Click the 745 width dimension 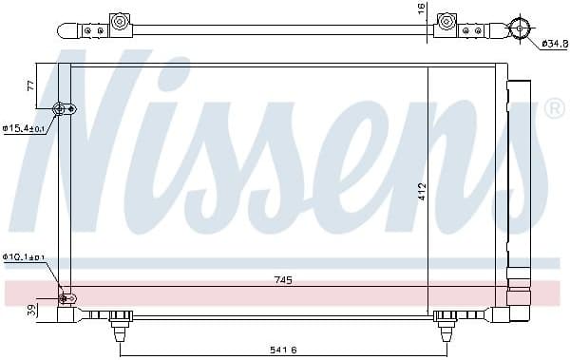tap(284, 280)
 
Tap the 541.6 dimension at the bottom tap(282, 351)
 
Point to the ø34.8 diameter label tap(553, 44)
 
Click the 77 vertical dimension tap(29, 85)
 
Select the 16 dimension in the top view tap(422, 9)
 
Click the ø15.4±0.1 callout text tap(23, 127)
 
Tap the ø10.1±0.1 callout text tap(23, 256)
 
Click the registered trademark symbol tap(554, 109)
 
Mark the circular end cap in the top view tap(519, 28)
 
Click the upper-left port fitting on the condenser tap(65, 108)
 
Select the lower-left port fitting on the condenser tap(66, 299)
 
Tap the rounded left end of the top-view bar tap(64, 31)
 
